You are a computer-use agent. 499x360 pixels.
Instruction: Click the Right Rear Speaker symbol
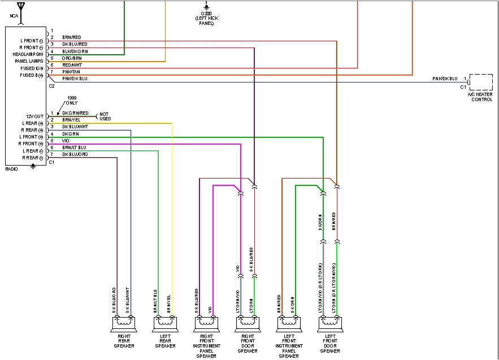(124, 324)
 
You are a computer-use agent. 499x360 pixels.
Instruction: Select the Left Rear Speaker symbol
(165, 324)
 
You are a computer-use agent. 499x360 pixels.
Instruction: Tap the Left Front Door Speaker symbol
(329, 324)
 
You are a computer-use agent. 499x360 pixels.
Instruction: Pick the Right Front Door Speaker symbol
(248, 324)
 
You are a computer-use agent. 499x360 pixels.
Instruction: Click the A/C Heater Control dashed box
(481, 82)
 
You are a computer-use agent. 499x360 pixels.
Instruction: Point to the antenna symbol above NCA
(21, 7)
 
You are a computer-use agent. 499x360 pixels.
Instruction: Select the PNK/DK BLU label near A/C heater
(445, 78)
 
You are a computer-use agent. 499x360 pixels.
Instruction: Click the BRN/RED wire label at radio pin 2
(71, 37)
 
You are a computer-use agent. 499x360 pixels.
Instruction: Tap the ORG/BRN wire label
(71, 58)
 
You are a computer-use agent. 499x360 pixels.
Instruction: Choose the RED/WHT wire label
(71, 65)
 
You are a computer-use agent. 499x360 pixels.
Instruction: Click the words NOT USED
(105, 116)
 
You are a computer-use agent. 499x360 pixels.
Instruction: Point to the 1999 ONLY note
(72, 100)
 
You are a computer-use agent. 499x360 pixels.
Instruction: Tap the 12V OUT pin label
(34, 116)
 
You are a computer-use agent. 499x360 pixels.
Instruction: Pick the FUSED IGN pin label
(32, 68)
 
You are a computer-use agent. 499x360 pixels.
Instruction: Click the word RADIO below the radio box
(11, 169)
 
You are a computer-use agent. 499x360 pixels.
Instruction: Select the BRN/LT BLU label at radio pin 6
(75, 148)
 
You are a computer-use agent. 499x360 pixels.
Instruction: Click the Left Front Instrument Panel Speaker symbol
(288, 324)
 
